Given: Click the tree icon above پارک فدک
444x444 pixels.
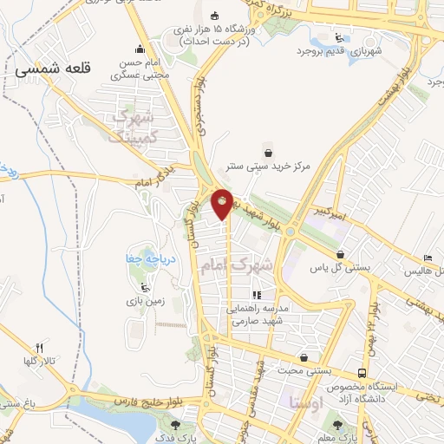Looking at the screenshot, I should pos(177,425).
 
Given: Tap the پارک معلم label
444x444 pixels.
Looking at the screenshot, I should pos(347,438).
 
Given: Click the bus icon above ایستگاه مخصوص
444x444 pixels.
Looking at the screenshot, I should pos(362,368).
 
